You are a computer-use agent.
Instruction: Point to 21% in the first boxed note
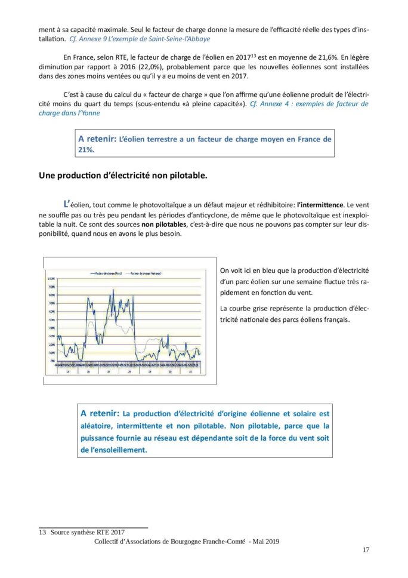click(x=86, y=150)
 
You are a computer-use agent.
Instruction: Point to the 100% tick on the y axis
click(x=51, y=279)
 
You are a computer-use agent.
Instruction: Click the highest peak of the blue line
click(x=113, y=290)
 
